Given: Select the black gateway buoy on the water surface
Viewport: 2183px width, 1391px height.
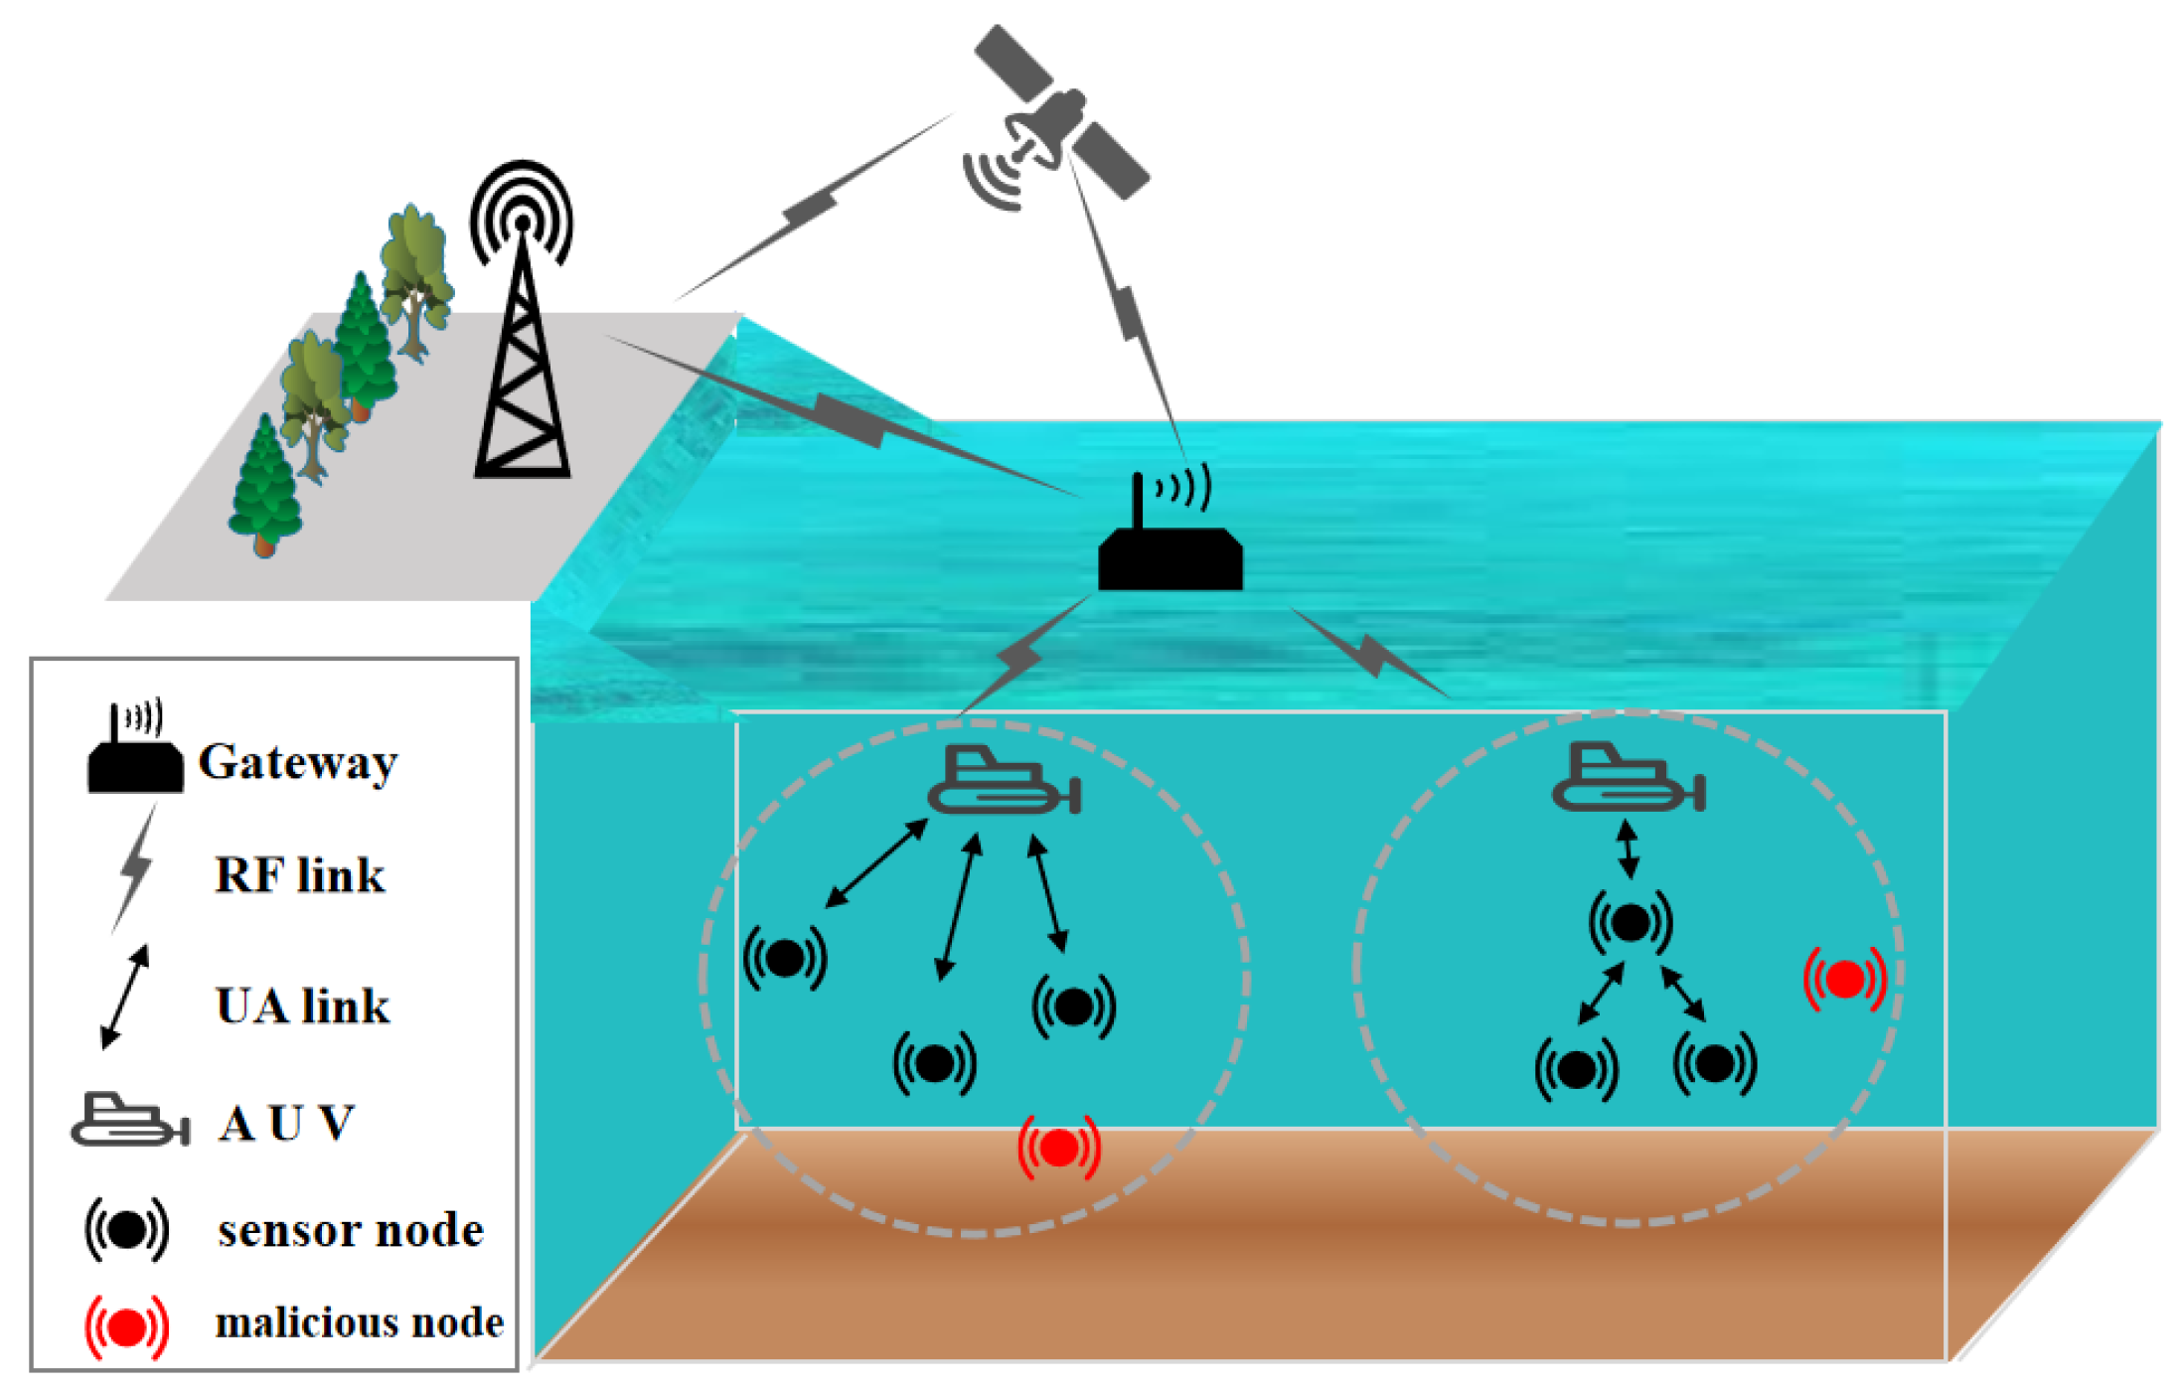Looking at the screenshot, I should tap(1169, 556).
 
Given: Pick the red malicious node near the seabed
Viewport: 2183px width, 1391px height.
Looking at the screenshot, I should tap(1059, 1149).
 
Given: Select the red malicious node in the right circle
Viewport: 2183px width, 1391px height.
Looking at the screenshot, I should tap(1845, 980).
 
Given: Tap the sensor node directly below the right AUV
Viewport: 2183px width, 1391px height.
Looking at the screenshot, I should tap(1631, 923).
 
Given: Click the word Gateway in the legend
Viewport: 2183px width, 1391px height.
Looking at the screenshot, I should tap(298, 763).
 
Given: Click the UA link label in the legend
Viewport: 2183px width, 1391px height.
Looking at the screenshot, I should tap(302, 1006).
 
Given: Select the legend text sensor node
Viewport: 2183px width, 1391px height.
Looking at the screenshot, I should tap(351, 1231).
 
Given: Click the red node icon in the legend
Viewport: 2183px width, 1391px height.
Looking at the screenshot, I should tap(127, 1327).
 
